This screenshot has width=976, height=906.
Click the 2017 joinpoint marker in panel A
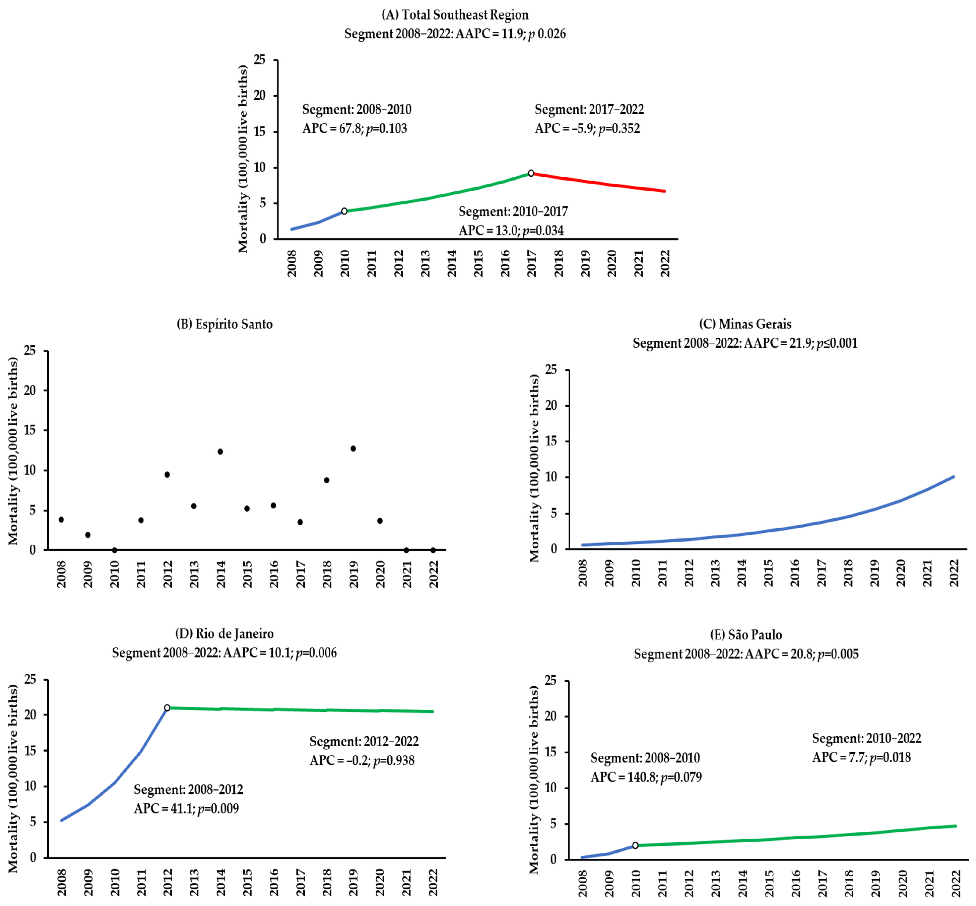click(x=531, y=173)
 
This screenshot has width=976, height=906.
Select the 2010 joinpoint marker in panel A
click(x=344, y=211)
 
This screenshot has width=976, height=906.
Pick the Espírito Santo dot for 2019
click(x=353, y=449)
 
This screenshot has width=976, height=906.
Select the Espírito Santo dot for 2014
click(x=220, y=451)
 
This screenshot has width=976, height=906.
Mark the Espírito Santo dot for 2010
click(x=114, y=550)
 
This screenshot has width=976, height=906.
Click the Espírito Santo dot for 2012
click(x=167, y=475)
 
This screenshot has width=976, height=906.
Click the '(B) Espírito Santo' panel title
click(x=224, y=324)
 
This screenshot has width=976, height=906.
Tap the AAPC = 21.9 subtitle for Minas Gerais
click(x=745, y=343)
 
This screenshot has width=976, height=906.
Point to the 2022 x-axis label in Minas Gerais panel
click(x=954, y=573)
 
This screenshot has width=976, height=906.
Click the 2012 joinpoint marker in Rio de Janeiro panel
click(x=167, y=708)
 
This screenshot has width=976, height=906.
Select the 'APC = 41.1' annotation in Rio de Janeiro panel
click(x=186, y=809)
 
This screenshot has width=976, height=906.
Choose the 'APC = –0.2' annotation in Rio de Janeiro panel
click(x=362, y=760)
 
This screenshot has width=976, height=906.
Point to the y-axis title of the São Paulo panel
click(x=534, y=779)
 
